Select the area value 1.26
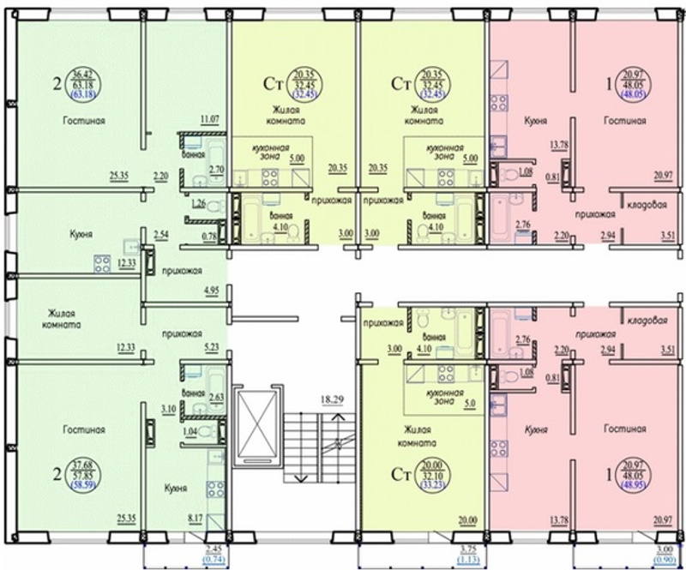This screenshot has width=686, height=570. point(199,203)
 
